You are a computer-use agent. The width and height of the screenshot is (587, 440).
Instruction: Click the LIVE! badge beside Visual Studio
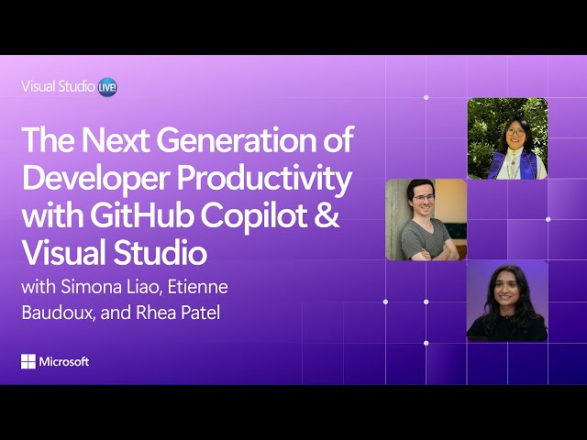click(x=107, y=87)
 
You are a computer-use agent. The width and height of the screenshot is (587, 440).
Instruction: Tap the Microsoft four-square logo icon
click(x=28, y=362)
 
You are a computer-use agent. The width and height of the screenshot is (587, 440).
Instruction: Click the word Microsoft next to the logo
click(x=64, y=362)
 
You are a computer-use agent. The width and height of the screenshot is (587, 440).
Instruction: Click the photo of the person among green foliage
click(x=507, y=138)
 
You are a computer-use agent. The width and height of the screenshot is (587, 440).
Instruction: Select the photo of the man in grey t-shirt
click(x=426, y=220)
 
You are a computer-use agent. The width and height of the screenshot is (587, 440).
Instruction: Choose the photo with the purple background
click(x=506, y=301)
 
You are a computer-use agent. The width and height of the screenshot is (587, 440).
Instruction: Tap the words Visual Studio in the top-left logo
click(x=58, y=87)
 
